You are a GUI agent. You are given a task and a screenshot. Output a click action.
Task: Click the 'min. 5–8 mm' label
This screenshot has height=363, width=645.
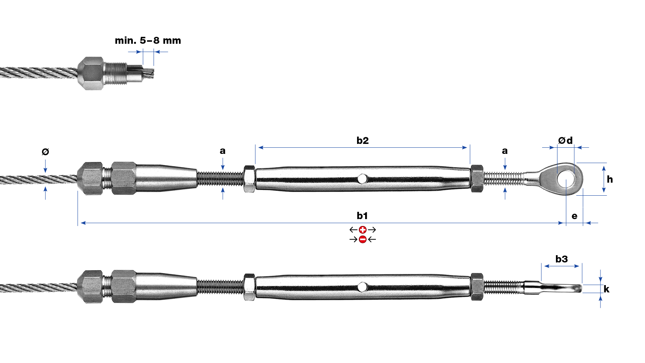click(148, 41)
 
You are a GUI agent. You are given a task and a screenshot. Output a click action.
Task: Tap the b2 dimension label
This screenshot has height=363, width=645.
click(362, 140)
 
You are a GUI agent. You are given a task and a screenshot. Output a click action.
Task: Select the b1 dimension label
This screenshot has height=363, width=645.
click(362, 216)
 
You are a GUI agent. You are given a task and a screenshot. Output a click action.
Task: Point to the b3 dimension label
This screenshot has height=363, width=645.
click(561, 259)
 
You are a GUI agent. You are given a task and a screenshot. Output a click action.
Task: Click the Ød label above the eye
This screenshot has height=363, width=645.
click(565, 140)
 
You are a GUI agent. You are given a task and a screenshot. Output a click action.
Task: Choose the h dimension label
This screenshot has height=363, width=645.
click(610, 179)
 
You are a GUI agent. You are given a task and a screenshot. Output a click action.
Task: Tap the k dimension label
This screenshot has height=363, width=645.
click(606, 289)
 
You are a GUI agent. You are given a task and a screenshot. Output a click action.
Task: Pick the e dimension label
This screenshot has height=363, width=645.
click(574, 216)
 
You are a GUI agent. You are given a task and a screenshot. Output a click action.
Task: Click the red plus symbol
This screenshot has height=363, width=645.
click(362, 230)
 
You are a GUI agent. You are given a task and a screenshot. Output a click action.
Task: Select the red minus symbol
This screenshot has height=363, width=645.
click(362, 239)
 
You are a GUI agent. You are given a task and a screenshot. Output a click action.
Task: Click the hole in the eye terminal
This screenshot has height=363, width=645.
click(566, 179)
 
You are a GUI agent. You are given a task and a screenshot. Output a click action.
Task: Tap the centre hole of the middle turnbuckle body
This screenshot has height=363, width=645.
click(362, 178)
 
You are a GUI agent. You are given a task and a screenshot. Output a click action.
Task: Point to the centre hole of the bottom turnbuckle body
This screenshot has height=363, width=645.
click(362, 287)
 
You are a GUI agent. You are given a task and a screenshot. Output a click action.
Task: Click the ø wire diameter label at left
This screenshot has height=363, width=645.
click(45, 152)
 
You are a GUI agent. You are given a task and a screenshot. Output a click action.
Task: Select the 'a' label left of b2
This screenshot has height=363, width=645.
click(223, 151)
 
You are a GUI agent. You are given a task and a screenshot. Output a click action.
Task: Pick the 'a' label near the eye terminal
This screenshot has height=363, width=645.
click(505, 151)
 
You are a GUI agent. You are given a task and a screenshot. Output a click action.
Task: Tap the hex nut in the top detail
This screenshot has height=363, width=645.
click(91, 73)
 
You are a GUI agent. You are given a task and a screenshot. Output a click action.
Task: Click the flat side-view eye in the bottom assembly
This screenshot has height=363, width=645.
click(561, 288)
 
